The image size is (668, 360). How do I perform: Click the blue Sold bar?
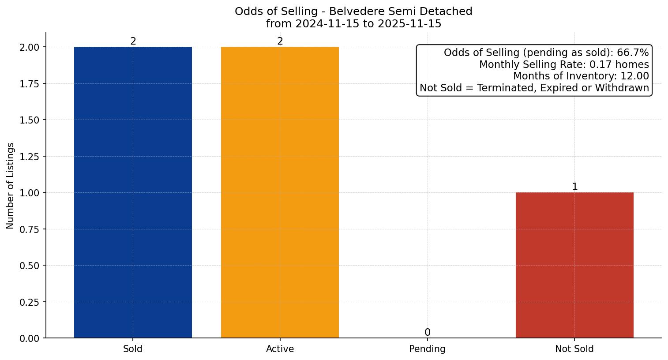tap(133, 192)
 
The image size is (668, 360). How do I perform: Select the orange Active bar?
tap(280, 192)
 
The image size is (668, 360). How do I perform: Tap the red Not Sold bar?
tap(574, 265)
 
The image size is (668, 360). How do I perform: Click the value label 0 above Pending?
tap(427, 332)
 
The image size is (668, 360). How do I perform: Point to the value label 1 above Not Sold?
tap(574, 187)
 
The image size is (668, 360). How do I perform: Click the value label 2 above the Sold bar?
tap(133, 41)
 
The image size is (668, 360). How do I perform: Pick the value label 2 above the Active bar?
tap(280, 41)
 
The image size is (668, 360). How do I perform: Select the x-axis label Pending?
tap(427, 349)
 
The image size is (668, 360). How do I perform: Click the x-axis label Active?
tap(280, 349)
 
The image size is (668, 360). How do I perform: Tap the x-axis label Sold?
tap(133, 349)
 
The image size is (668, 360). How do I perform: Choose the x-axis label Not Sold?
tap(574, 349)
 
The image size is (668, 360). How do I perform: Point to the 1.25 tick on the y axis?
tap(30, 157)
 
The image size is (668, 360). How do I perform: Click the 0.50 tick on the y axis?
tap(30, 266)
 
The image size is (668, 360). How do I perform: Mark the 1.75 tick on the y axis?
tap(30, 84)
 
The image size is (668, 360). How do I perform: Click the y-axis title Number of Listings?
tap(11, 186)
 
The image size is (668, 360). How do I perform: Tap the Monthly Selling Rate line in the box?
tap(564, 64)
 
